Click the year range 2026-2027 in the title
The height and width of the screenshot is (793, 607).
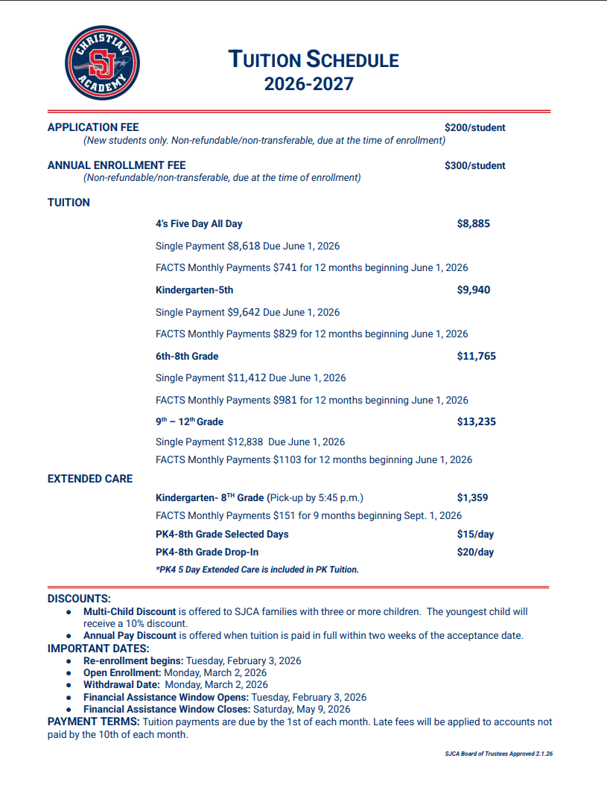tap(308, 84)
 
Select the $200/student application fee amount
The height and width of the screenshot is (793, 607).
tap(474, 127)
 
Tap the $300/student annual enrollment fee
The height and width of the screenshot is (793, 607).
tap(474, 165)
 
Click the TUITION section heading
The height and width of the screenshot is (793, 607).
tap(69, 203)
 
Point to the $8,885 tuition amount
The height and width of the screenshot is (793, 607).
tap(473, 223)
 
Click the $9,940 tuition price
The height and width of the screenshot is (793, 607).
tap(473, 290)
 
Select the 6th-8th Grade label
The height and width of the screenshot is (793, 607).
tap(187, 356)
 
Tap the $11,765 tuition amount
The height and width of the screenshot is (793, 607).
tap(476, 356)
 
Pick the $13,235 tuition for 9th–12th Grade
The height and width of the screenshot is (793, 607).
tap(476, 421)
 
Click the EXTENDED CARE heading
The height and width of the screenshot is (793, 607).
tap(90, 479)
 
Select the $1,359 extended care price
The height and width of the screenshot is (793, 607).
tap(472, 498)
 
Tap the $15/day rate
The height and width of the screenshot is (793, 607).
tap(475, 534)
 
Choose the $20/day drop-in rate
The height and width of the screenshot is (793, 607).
tap(475, 552)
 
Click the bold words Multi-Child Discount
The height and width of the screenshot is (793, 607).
tap(130, 612)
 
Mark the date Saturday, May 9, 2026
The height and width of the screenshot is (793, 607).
tap(302, 710)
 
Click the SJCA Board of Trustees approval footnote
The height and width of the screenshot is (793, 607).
tap(498, 754)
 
